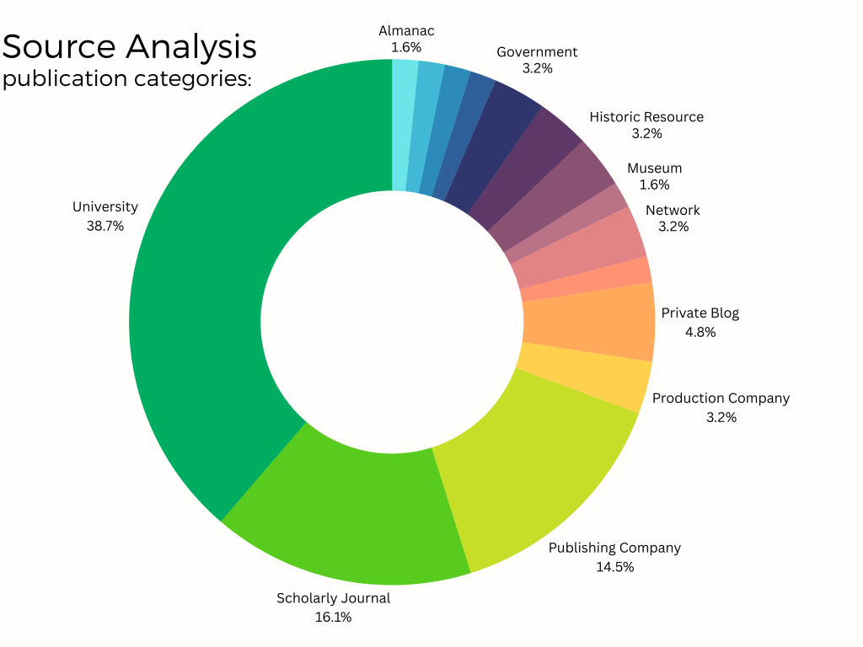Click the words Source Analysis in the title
click(x=130, y=46)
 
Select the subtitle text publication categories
click(x=126, y=80)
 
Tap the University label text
click(x=105, y=207)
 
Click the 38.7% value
click(x=105, y=226)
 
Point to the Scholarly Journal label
click(x=334, y=599)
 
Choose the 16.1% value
click(x=334, y=618)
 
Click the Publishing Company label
click(x=614, y=548)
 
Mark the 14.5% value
click(x=614, y=567)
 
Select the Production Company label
click(x=721, y=398)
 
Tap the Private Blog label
click(x=700, y=313)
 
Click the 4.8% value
click(x=700, y=332)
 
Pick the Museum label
click(x=654, y=168)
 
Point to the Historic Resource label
click(x=646, y=117)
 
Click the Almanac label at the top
click(x=406, y=31)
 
